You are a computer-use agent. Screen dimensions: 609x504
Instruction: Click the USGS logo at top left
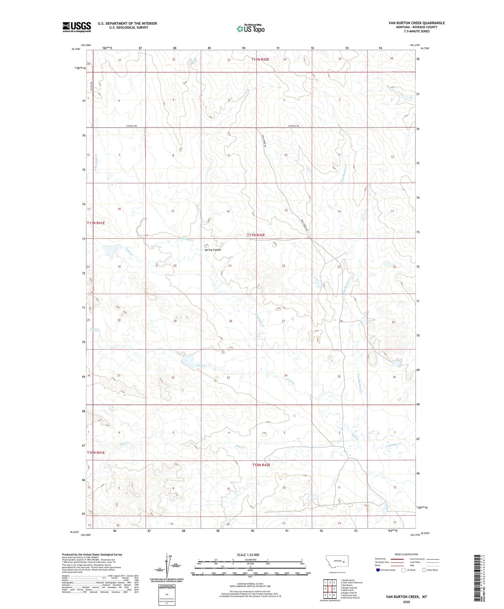click(x=76, y=27)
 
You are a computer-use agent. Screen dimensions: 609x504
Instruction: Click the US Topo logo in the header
click(x=250, y=29)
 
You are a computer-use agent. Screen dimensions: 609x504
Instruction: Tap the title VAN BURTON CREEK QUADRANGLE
click(x=416, y=23)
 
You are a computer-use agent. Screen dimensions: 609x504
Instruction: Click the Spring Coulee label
click(x=212, y=250)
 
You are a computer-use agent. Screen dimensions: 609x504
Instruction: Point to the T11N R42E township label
click(x=256, y=235)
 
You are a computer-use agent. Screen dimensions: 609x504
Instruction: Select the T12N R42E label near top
click(x=260, y=60)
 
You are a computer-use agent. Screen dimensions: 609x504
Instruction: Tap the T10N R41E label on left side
click(x=96, y=452)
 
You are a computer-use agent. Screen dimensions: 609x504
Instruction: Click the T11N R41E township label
click(x=96, y=223)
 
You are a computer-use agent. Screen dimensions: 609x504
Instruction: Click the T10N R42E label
click(x=261, y=465)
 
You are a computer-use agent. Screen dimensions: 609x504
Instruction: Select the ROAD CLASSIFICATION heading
click(x=406, y=554)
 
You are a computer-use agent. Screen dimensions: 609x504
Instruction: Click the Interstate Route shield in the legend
click(x=378, y=570)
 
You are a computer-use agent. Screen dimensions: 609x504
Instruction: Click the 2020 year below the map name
click(x=406, y=602)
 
